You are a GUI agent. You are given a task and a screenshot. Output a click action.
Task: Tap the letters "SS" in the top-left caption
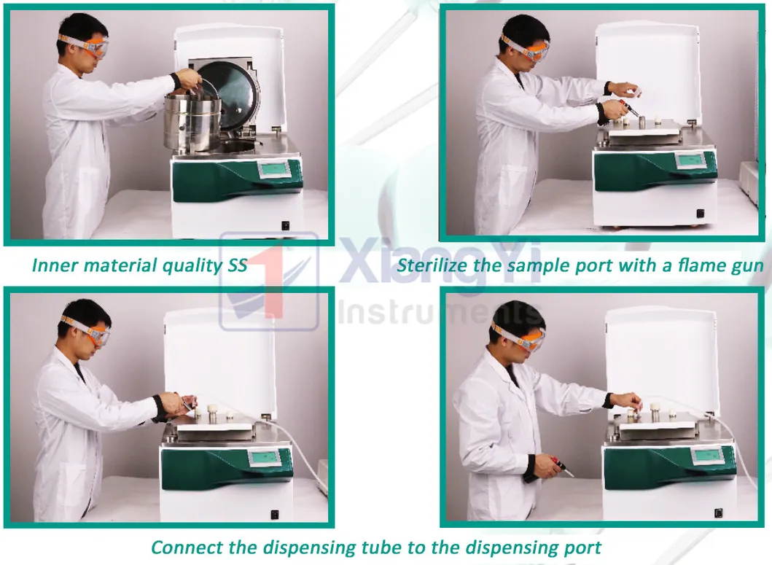point(233,265)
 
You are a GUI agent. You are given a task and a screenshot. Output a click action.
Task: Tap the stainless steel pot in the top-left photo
point(192,120)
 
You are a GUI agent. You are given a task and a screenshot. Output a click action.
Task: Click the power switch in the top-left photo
point(286,225)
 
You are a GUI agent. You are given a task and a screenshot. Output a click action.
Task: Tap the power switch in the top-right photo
point(700,214)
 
